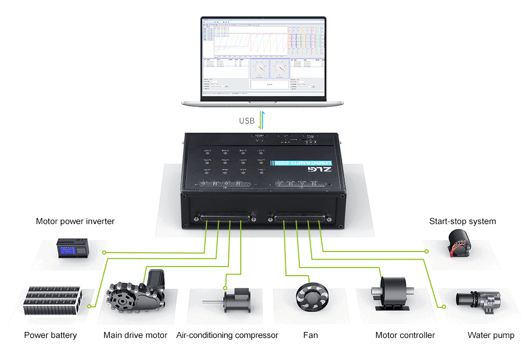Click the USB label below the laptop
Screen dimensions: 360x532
click(x=247, y=121)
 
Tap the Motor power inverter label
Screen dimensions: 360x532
click(x=75, y=221)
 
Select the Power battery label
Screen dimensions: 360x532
click(x=51, y=335)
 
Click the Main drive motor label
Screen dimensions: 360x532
click(x=135, y=335)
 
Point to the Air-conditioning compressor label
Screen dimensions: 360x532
click(x=227, y=335)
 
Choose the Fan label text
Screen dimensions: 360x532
click(x=311, y=335)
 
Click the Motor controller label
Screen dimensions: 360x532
click(x=405, y=335)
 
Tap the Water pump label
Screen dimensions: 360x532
click(x=491, y=335)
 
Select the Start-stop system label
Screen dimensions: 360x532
click(x=463, y=221)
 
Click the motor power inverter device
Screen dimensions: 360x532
click(x=73, y=251)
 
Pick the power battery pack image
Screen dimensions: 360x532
click(x=52, y=303)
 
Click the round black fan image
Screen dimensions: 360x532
click(x=311, y=296)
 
